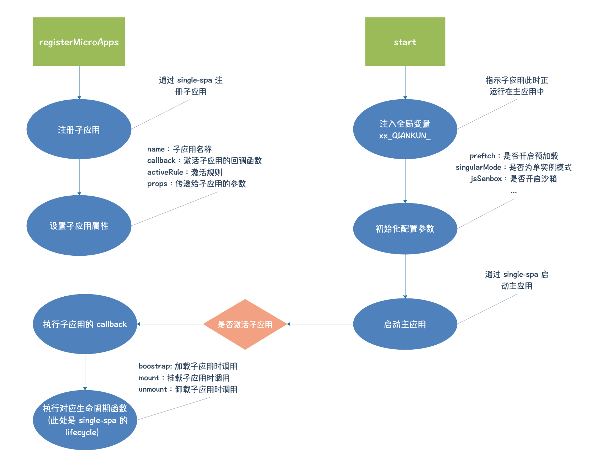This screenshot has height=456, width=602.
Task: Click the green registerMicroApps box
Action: (x=79, y=42)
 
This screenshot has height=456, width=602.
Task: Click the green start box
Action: (x=405, y=42)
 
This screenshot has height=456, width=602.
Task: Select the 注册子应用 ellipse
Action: (x=79, y=129)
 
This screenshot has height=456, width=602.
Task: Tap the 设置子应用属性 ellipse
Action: (x=79, y=226)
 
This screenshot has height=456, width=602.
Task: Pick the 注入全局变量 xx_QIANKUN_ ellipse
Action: (x=405, y=129)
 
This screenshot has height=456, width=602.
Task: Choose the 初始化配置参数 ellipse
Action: (x=405, y=228)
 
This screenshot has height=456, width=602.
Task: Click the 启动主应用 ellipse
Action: (x=405, y=324)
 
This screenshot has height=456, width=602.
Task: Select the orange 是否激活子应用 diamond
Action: (x=245, y=324)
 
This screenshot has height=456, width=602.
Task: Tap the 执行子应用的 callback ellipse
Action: (x=85, y=324)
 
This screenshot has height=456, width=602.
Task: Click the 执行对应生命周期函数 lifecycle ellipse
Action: (x=85, y=420)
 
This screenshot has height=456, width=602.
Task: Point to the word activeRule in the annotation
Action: (x=165, y=172)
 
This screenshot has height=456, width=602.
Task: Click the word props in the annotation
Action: (x=157, y=184)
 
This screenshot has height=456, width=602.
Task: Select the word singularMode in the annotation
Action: (x=478, y=167)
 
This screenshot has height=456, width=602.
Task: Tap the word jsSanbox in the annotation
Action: (x=486, y=179)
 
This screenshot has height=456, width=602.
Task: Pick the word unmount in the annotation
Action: (x=153, y=389)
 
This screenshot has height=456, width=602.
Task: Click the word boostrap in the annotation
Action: (x=155, y=366)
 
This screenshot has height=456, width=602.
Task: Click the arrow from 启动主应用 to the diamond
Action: (x=320, y=324)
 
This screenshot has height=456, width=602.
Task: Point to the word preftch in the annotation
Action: (x=482, y=156)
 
